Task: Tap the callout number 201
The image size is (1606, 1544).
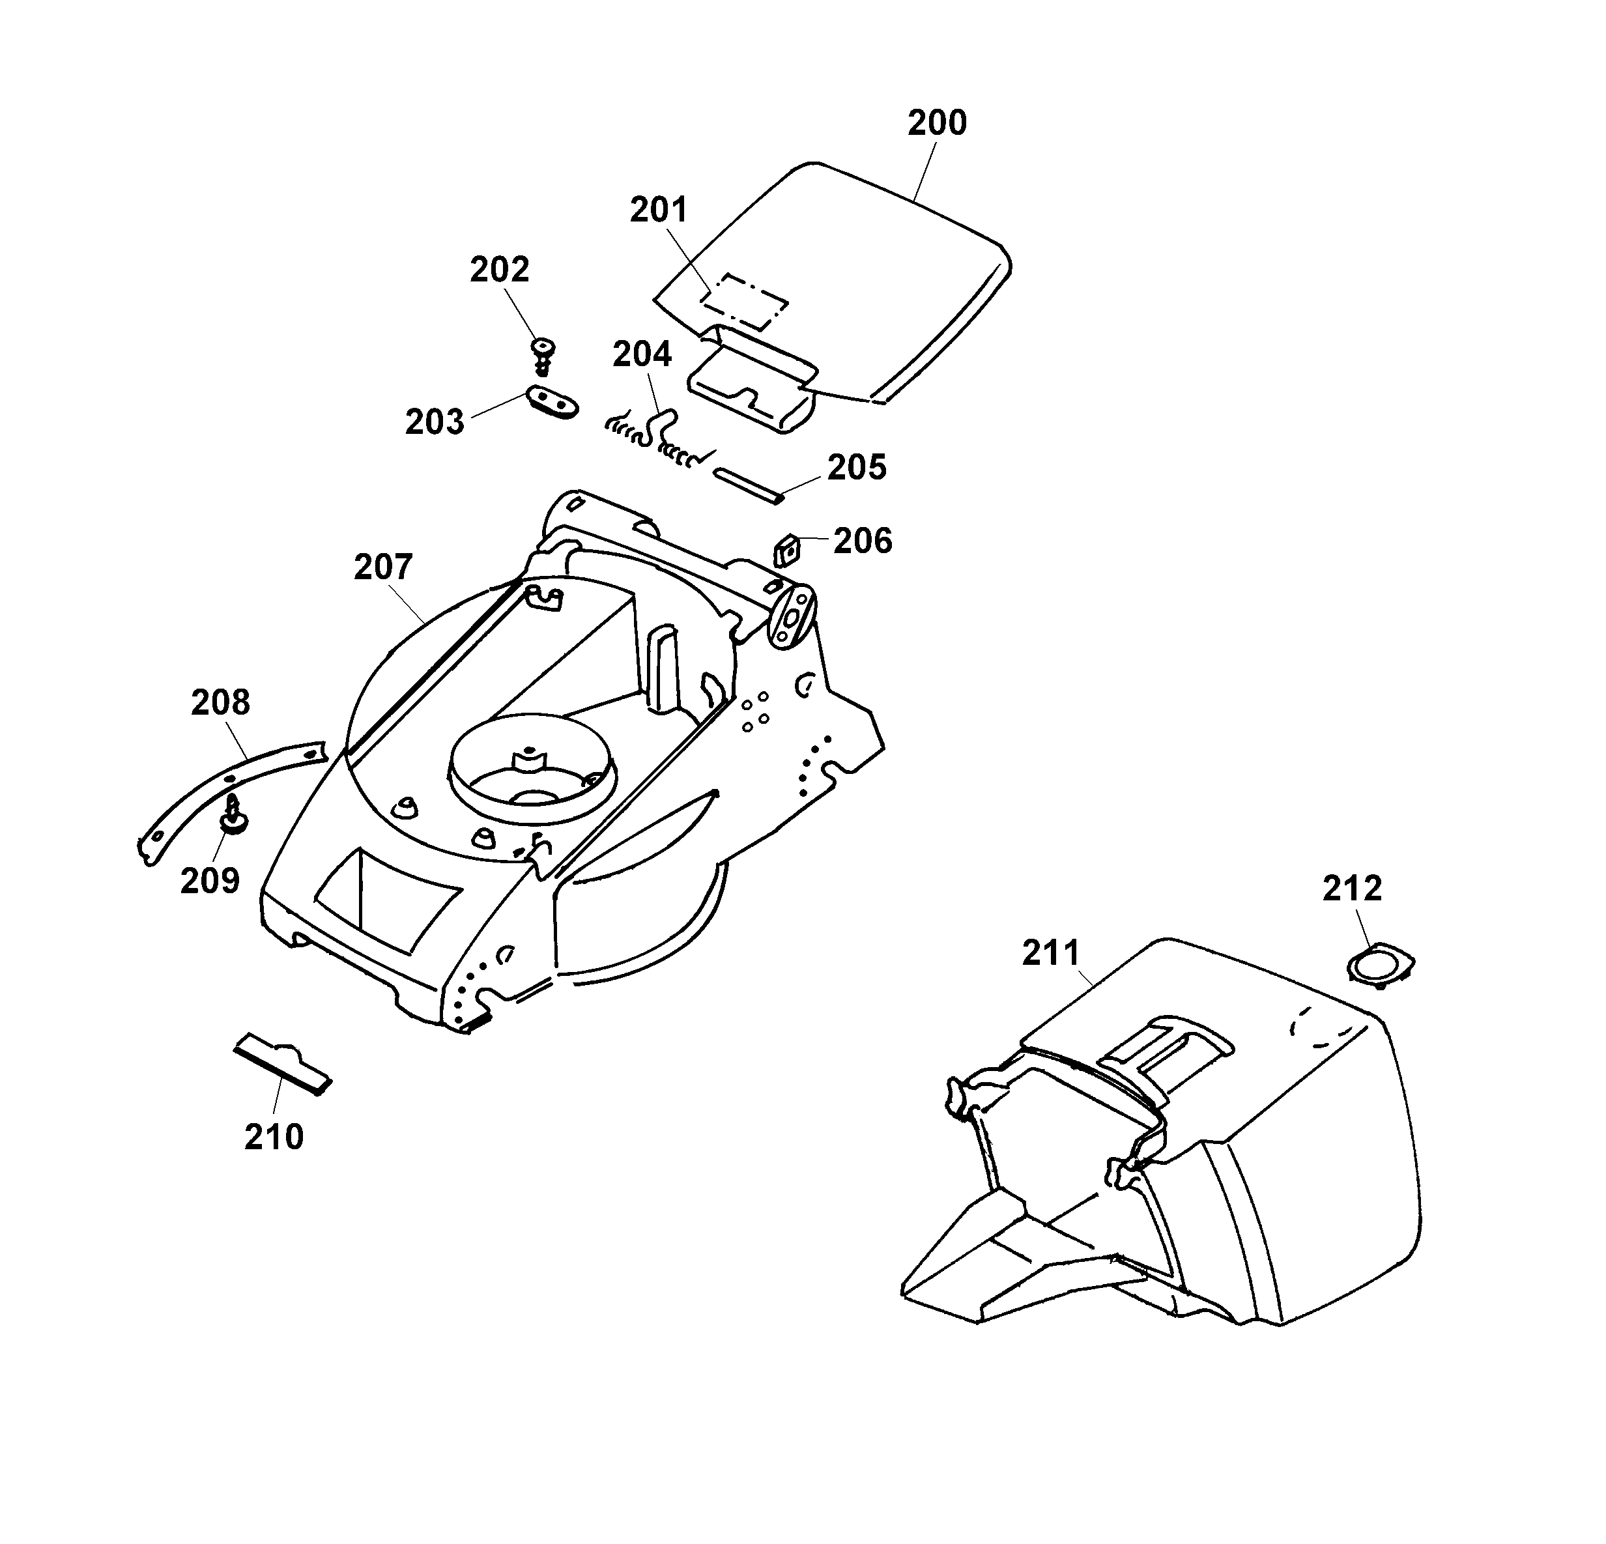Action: click(x=659, y=210)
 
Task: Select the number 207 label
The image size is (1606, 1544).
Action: click(x=384, y=567)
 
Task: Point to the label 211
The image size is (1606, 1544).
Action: click(x=1052, y=954)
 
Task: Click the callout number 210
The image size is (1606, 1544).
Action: click(x=274, y=1137)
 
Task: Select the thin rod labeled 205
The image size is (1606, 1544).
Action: click(x=750, y=485)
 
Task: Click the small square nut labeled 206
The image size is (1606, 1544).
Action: click(x=788, y=549)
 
